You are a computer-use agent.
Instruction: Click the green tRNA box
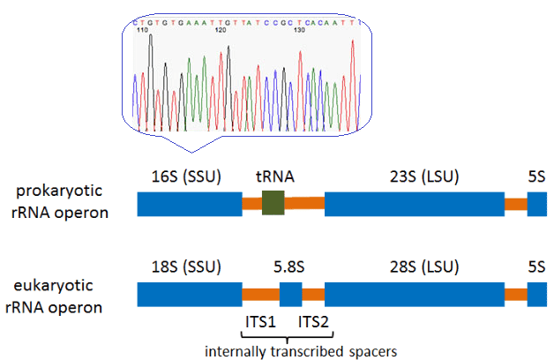pyautogui.click(x=273, y=202)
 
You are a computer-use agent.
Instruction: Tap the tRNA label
pyautogui.click(x=273, y=176)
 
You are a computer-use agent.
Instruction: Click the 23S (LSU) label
pyautogui.click(x=415, y=176)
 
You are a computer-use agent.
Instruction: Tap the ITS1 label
pyautogui.click(x=260, y=321)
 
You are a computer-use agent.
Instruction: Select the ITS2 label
pyautogui.click(x=313, y=321)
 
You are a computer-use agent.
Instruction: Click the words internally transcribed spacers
pyautogui.click(x=300, y=350)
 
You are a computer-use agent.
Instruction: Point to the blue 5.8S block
pyautogui.click(x=291, y=293)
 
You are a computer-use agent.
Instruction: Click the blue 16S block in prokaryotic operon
pyautogui.click(x=190, y=203)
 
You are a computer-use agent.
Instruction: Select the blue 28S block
pyautogui.click(x=415, y=293)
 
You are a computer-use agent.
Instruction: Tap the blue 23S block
pyautogui.click(x=415, y=203)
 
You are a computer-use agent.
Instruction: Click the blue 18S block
pyautogui.click(x=190, y=293)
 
